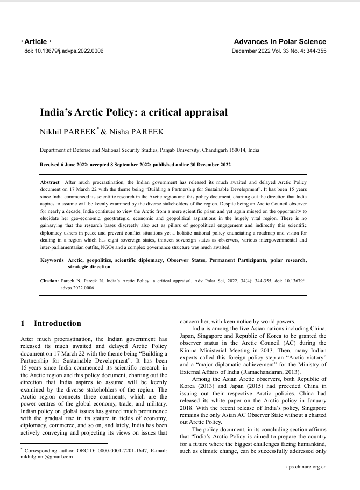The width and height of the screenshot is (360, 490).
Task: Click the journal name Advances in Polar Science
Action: [x=280, y=42]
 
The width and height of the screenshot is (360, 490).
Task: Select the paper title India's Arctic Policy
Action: [x=134, y=113]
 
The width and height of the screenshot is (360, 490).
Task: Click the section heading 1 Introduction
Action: [x=51, y=324]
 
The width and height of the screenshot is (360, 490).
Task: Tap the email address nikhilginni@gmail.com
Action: [x=46, y=457]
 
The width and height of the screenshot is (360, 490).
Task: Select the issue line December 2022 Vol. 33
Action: [x=279, y=51]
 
